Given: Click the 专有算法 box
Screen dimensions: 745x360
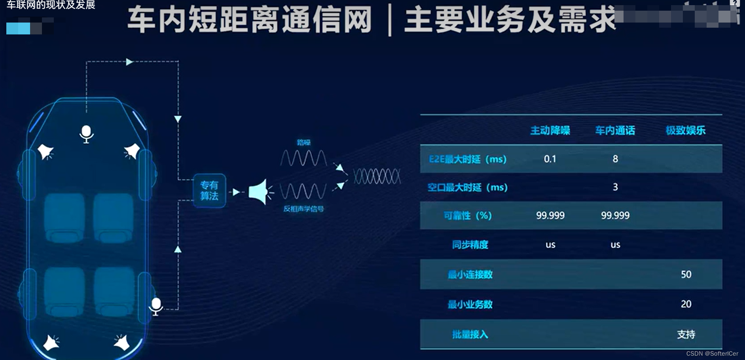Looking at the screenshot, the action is pyautogui.click(x=209, y=191).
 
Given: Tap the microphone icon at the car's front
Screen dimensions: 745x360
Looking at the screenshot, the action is pyautogui.click(x=86, y=134).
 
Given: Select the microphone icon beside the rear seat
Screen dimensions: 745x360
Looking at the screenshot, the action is pyautogui.click(x=156, y=306).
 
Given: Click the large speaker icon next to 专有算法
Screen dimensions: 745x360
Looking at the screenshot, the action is pyautogui.click(x=260, y=192).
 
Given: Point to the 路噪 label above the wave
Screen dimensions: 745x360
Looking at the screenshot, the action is pyautogui.click(x=303, y=142).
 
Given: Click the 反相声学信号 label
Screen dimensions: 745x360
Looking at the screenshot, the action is pyautogui.click(x=303, y=209).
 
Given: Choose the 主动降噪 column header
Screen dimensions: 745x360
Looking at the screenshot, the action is pyautogui.click(x=550, y=131).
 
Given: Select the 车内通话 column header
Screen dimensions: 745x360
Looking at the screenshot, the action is pyautogui.click(x=615, y=131).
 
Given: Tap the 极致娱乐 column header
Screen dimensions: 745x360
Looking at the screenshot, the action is pyautogui.click(x=685, y=131).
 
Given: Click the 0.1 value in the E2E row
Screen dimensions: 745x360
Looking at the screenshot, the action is pyautogui.click(x=550, y=159).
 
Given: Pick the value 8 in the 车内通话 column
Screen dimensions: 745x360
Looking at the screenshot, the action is pyautogui.click(x=615, y=159).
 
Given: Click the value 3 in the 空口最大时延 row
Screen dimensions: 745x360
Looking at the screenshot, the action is pyautogui.click(x=615, y=187).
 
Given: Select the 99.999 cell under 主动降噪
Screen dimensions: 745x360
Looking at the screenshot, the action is pyautogui.click(x=550, y=216).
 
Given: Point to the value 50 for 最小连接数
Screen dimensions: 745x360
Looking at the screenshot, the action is pyautogui.click(x=686, y=275).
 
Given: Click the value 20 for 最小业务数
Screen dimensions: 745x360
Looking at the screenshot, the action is pyautogui.click(x=686, y=304).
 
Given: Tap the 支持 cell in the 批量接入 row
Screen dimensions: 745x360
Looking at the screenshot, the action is pyautogui.click(x=686, y=335).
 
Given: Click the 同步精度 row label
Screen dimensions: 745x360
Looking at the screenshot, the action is pyautogui.click(x=470, y=245).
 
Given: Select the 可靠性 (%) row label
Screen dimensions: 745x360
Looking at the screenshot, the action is pyautogui.click(x=467, y=216).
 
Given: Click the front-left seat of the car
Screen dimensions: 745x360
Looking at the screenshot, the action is pyautogui.click(x=64, y=217).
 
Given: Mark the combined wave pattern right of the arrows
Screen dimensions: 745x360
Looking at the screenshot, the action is pyautogui.click(x=377, y=176).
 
